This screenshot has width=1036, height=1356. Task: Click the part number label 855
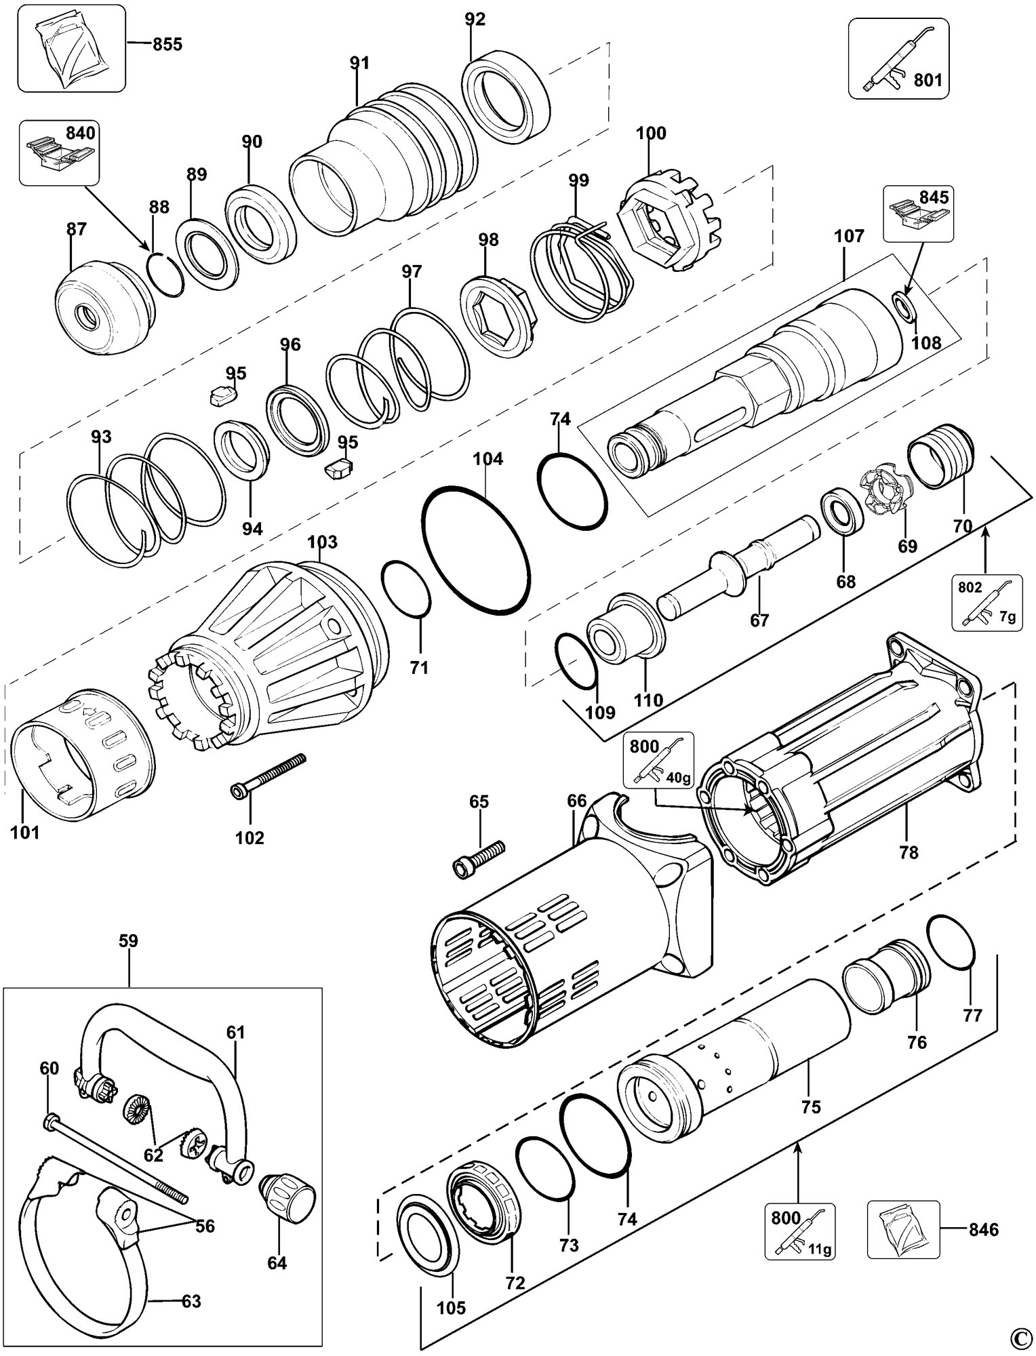point(167,45)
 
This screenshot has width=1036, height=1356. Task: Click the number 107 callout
point(850,237)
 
